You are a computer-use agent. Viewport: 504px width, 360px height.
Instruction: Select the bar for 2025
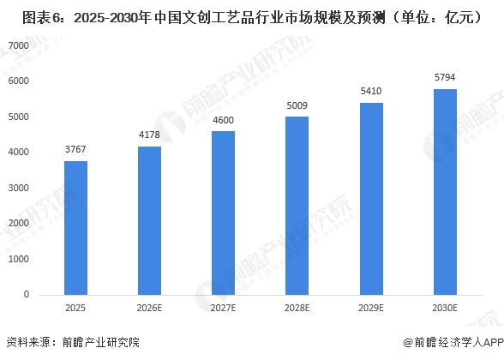coord(75,228)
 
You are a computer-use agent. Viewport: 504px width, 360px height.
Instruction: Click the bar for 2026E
coord(150,220)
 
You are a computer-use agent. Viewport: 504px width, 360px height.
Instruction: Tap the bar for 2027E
coord(224,213)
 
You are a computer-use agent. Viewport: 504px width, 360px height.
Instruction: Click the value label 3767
coord(75,151)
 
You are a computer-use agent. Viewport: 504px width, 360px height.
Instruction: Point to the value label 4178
coord(150,136)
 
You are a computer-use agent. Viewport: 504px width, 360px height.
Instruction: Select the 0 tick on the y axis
coord(26,294)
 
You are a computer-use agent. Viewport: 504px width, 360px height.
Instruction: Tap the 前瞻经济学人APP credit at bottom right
coord(451,344)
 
